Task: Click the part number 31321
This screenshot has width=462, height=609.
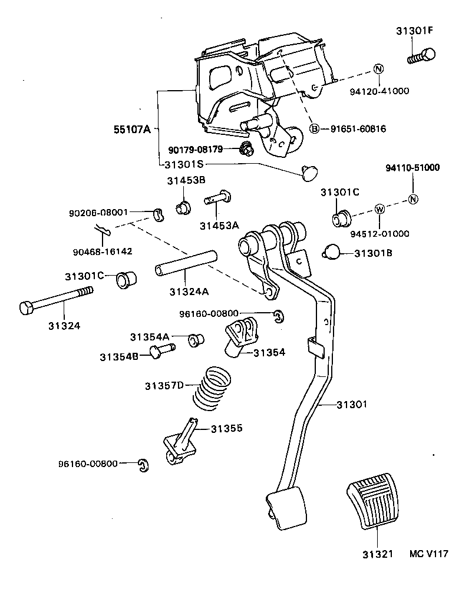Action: tap(376, 554)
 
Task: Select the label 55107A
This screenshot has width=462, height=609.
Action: tap(132, 129)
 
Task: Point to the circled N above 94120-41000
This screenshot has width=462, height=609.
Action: tap(378, 69)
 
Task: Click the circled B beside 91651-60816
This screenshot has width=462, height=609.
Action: tap(315, 129)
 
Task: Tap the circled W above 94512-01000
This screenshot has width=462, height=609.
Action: tap(379, 209)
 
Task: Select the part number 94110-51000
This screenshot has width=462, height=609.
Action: tap(412, 168)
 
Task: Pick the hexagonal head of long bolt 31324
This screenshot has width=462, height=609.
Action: tap(28, 307)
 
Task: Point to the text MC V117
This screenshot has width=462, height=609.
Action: tap(429, 554)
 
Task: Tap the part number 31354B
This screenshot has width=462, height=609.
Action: tap(118, 356)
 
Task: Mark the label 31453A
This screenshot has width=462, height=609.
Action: tap(219, 225)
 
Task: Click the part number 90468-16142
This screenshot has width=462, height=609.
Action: tap(103, 251)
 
